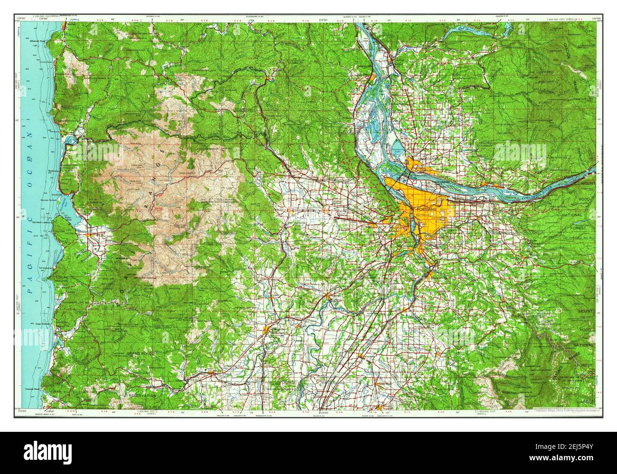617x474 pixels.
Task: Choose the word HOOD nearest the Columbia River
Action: point(583,200)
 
